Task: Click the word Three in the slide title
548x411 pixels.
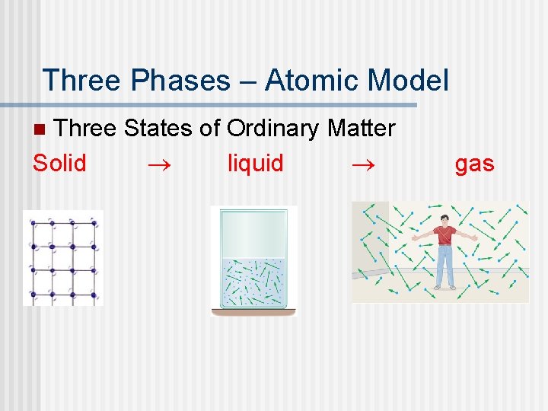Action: pos(81,80)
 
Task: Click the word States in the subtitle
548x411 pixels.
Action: pos(158,128)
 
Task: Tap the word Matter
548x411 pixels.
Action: pos(361,128)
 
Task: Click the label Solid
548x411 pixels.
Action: pos(59,163)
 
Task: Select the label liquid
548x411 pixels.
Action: pos(255,163)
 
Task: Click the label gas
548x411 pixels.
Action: pos(474,163)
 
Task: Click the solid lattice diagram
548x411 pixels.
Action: pos(62,258)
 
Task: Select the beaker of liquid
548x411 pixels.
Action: pos(253,263)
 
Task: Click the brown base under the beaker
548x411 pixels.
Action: pos(253,312)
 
